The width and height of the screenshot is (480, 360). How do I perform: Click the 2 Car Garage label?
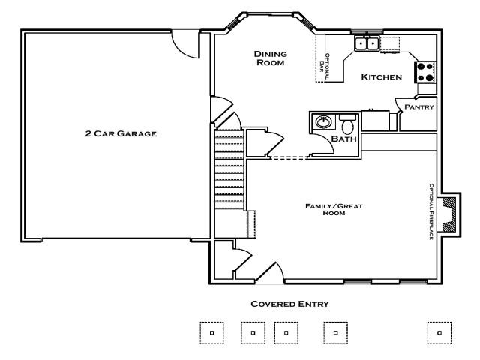(121, 133)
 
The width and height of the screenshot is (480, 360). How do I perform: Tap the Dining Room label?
(271, 58)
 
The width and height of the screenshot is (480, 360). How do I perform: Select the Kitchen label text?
(382, 76)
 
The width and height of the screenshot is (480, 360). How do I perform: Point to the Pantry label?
(419, 106)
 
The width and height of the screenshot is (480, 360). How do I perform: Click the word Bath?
(344, 139)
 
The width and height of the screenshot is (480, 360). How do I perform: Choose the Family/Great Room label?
(334, 209)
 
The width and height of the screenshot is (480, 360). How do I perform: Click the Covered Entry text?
(289, 304)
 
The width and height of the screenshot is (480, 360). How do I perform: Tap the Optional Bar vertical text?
(325, 67)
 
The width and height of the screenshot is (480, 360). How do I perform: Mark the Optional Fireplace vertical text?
(431, 211)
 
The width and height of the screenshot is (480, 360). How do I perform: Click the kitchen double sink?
(367, 43)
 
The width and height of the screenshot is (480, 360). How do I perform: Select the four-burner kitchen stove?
(425, 72)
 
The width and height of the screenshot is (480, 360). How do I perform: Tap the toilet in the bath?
(347, 124)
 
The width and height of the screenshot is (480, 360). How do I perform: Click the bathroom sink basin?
(323, 121)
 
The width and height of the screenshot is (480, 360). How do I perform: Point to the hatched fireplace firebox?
(449, 214)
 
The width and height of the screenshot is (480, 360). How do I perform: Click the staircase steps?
(229, 169)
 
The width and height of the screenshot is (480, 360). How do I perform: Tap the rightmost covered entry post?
(439, 333)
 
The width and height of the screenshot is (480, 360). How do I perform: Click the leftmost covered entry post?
(211, 333)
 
